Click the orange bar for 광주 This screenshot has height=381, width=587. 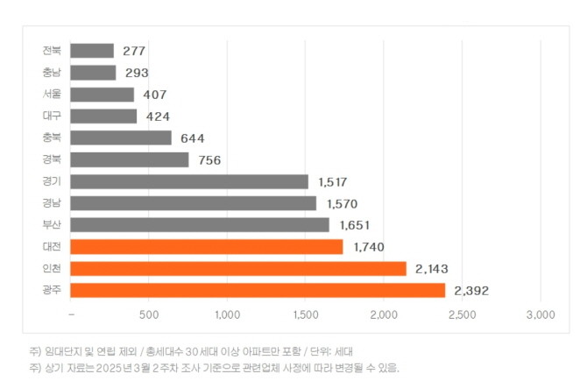pos(258,290)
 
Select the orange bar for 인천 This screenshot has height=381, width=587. pos(238,268)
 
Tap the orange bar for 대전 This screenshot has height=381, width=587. pos(207,247)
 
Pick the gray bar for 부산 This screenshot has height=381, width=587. pos(200,225)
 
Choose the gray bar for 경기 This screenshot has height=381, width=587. pos(189,181)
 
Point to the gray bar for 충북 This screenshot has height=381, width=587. pos(121,138)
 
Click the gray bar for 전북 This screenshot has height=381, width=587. pos(92,51)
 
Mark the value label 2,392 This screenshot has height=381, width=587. pos(471,290)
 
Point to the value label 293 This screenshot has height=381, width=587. pos(136,73)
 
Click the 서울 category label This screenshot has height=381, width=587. pos(51,95)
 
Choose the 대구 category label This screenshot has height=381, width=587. pos(51,116)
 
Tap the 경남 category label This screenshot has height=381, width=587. pos(51,203)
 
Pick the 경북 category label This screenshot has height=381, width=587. pos(51,159)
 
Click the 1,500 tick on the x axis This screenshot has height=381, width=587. pos(305,314)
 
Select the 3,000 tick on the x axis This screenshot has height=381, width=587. pos(541,314)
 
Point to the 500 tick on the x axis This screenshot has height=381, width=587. pos(148,314)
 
